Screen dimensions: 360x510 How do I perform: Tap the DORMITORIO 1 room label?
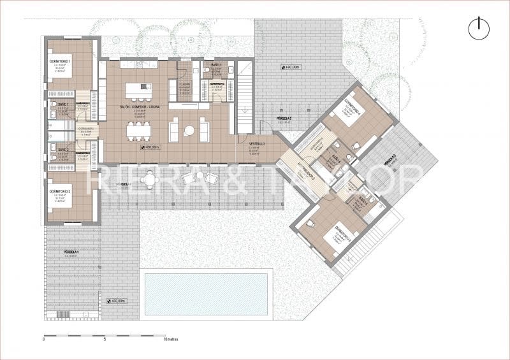[x=60, y=59]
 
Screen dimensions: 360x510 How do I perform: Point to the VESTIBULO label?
[x=258, y=145]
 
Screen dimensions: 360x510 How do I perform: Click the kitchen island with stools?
[x=138, y=90]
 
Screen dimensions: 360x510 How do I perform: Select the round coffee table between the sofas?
[x=189, y=131]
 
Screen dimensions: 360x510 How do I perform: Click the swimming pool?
[x=206, y=294]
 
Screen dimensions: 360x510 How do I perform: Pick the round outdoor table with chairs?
[x=150, y=180]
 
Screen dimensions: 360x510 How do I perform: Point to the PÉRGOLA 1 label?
[x=72, y=253]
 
